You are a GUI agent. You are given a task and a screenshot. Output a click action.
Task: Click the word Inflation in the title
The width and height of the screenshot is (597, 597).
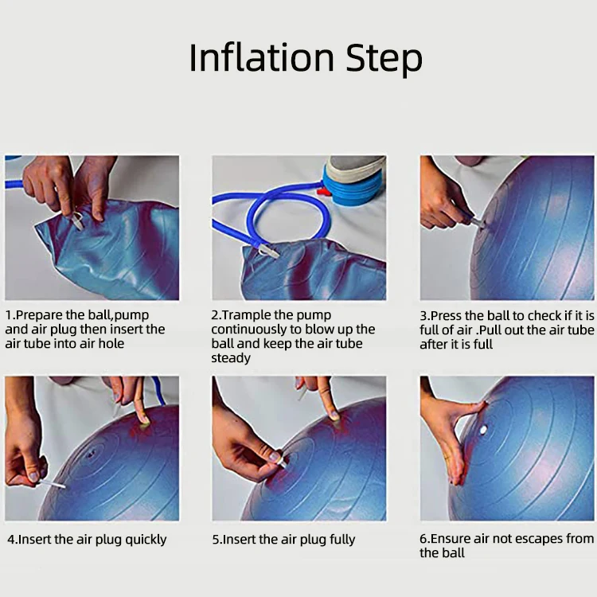pyautogui.click(x=262, y=57)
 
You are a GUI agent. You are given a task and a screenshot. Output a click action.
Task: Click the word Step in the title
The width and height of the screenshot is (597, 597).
pyautogui.click(x=384, y=59)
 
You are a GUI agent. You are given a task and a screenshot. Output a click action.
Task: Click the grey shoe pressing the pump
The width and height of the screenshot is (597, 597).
pyautogui.click(x=355, y=167)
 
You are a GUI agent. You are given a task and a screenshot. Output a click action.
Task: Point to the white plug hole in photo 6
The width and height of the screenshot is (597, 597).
pyautogui.click(x=483, y=430)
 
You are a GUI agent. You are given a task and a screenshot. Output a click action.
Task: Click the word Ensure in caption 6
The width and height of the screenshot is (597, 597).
pyautogui.click(x=451, y=538)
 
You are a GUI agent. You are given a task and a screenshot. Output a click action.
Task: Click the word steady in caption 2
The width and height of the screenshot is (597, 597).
pyautogui.click(x=231, y=358)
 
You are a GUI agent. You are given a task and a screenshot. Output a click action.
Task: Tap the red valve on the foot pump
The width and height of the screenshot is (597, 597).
pyautogui.click(x=323, y=191)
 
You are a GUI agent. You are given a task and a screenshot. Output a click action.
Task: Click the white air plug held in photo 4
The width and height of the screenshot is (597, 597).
pyautogui.click(x=52, y=484)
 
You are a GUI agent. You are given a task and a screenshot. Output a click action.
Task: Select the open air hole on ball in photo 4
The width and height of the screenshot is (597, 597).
pyautogui.click(x=91, y=454)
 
